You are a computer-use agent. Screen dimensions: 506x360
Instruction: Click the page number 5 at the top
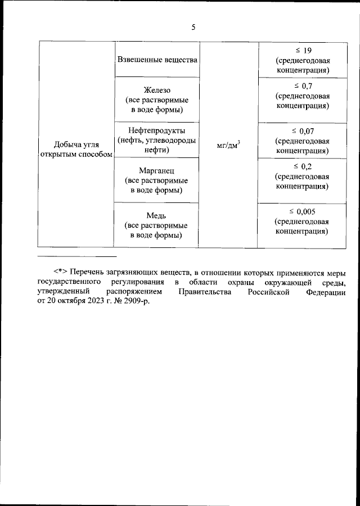pos(193,26)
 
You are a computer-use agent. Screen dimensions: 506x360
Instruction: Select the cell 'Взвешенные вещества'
pos(156,59)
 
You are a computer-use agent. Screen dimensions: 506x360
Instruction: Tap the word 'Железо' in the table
pos(156,90)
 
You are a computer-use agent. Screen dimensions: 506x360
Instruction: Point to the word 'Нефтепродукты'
pos(156,131)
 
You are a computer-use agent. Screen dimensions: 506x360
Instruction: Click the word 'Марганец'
pos(156,170)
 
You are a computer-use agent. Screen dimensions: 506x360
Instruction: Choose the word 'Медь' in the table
pos(156,215)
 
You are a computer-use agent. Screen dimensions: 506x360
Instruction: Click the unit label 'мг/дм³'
pos(228,146)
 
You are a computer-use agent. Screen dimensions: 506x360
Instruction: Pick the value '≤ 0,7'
pos(303,85)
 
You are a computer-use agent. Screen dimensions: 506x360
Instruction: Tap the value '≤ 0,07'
pos(303,131)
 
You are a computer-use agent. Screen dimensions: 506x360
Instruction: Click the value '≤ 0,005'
pos(303,211)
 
